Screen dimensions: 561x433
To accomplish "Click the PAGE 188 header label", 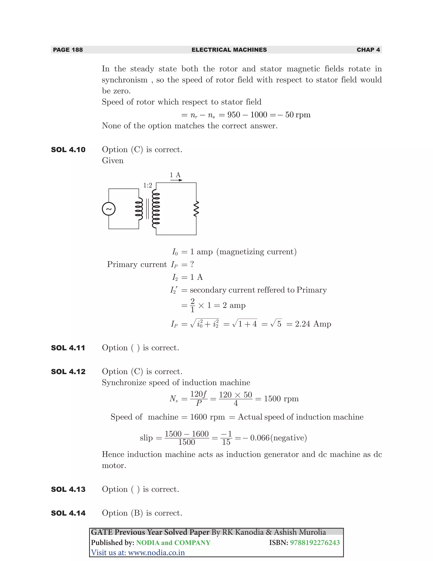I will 68,50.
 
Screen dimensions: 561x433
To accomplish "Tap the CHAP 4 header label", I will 368,50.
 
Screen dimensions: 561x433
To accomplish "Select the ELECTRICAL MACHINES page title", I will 229,50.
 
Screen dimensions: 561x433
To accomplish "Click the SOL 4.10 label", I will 68,150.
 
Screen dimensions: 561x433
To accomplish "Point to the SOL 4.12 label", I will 68,372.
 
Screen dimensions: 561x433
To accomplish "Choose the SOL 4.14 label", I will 68,513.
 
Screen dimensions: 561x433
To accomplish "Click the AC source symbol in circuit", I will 109,209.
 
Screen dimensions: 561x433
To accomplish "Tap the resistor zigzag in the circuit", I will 196,209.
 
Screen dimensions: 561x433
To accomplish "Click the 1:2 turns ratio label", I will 148,185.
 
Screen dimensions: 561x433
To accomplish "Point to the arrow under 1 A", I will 176,180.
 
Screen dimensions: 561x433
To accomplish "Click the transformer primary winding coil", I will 139,209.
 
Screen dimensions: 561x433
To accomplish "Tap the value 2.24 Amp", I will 313,324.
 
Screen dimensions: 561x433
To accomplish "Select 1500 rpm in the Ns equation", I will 281,399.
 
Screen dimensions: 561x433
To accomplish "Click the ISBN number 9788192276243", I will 315,543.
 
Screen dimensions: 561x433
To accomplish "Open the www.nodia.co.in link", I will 156,553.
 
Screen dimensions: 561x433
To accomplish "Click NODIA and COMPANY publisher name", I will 173,543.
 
